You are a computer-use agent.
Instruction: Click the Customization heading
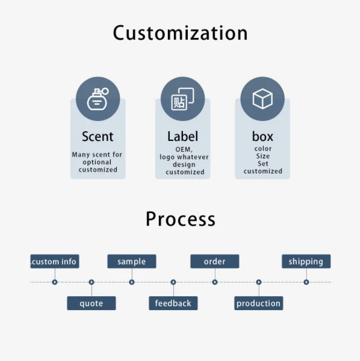pos(180,33)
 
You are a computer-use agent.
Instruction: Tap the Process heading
pos(180,219)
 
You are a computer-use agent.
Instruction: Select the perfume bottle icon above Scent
pos(98,99)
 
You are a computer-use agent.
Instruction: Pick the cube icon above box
pos(262,99)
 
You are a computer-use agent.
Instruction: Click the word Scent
pos(97,137)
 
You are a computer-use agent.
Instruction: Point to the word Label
pos(182,137)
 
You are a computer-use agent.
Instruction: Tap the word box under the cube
pos(263,137)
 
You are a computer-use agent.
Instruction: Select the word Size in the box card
pos(263,156)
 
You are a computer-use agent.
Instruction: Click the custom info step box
pos(55,261)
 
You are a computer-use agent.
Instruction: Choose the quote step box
pos(91,303)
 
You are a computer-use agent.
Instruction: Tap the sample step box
pos(132,261)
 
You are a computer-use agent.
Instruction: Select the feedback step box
pos(173,303)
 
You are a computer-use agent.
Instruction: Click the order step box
pos(215,261)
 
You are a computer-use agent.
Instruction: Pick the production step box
pos(258,303)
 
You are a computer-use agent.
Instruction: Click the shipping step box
pos(306,261)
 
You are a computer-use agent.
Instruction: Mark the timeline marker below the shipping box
pos(306,282)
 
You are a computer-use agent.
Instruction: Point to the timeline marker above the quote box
pos(91,282)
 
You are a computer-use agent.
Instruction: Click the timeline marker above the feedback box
pos(173,282)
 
